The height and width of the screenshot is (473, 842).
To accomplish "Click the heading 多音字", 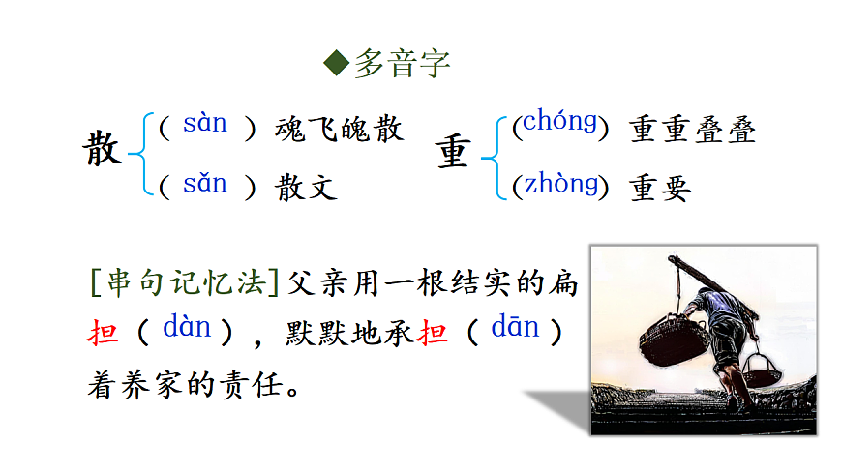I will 401,64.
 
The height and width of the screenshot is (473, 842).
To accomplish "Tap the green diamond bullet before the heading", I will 336,64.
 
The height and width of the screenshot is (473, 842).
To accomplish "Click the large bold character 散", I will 102,151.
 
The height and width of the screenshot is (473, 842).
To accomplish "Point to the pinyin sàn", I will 204,123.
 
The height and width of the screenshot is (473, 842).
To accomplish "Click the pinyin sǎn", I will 204,183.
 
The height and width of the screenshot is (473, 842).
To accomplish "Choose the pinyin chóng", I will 559,123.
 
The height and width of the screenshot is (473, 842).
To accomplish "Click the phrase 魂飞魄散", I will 339,129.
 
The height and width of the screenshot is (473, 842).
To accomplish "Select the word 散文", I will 306,187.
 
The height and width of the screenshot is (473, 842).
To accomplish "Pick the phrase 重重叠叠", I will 693,130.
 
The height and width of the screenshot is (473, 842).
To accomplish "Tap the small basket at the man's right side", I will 760,367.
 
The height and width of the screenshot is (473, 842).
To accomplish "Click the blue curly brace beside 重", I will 498,156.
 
